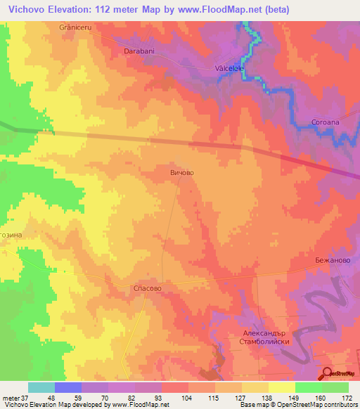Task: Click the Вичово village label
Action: point(181,171)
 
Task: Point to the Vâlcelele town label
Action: point(229,69)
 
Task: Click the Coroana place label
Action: point(326,122)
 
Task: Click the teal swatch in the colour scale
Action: point(41,387)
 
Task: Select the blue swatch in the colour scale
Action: point(68,387)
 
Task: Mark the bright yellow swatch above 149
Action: point(281,387)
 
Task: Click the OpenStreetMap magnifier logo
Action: point(327,373)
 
